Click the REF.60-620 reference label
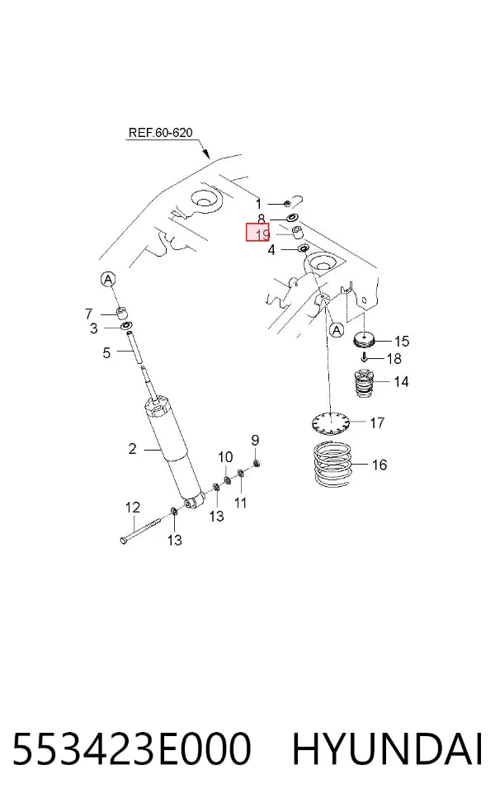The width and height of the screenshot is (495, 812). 160,133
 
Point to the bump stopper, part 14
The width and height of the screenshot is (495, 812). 365,382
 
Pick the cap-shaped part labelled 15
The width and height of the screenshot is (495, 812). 365,340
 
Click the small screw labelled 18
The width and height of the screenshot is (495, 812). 365,357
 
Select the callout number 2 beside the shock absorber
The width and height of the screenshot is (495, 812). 133,448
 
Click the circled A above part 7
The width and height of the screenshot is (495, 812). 108,280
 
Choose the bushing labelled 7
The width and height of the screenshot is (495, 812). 122,313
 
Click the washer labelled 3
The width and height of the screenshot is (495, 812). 126,326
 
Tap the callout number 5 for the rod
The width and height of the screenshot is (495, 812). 106,353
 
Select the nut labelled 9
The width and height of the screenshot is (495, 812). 257,462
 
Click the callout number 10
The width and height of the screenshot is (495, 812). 225,457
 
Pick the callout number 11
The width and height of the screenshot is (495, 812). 240,503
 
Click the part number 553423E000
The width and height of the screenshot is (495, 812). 131,748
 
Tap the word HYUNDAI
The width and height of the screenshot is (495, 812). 387,748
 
